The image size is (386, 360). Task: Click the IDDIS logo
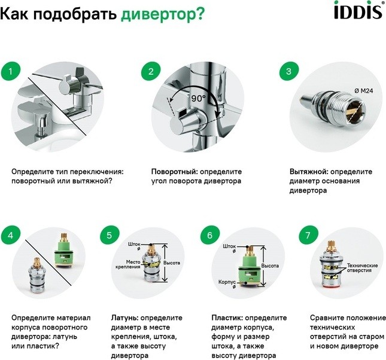(359, 10)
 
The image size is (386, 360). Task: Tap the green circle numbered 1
(11, 71)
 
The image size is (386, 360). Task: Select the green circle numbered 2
(151, 71)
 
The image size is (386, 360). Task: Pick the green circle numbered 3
(289, 71)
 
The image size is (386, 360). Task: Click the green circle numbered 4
(11, 235)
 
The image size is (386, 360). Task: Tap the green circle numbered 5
(110, 235)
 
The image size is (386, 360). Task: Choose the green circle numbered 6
(209, 235)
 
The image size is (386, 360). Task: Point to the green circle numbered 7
(308, 235)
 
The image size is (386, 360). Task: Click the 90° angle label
(199, 99)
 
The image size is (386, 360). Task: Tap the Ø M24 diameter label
(364, 91)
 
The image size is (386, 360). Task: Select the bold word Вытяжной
(309, 172)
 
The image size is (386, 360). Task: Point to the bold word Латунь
(124, 318)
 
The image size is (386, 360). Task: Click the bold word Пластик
(227, 318)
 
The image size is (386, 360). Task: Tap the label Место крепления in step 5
(128, 264)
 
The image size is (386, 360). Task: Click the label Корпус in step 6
(227, 282)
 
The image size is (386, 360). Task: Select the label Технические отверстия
(362, 268)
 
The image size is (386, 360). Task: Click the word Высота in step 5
(172, 263)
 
